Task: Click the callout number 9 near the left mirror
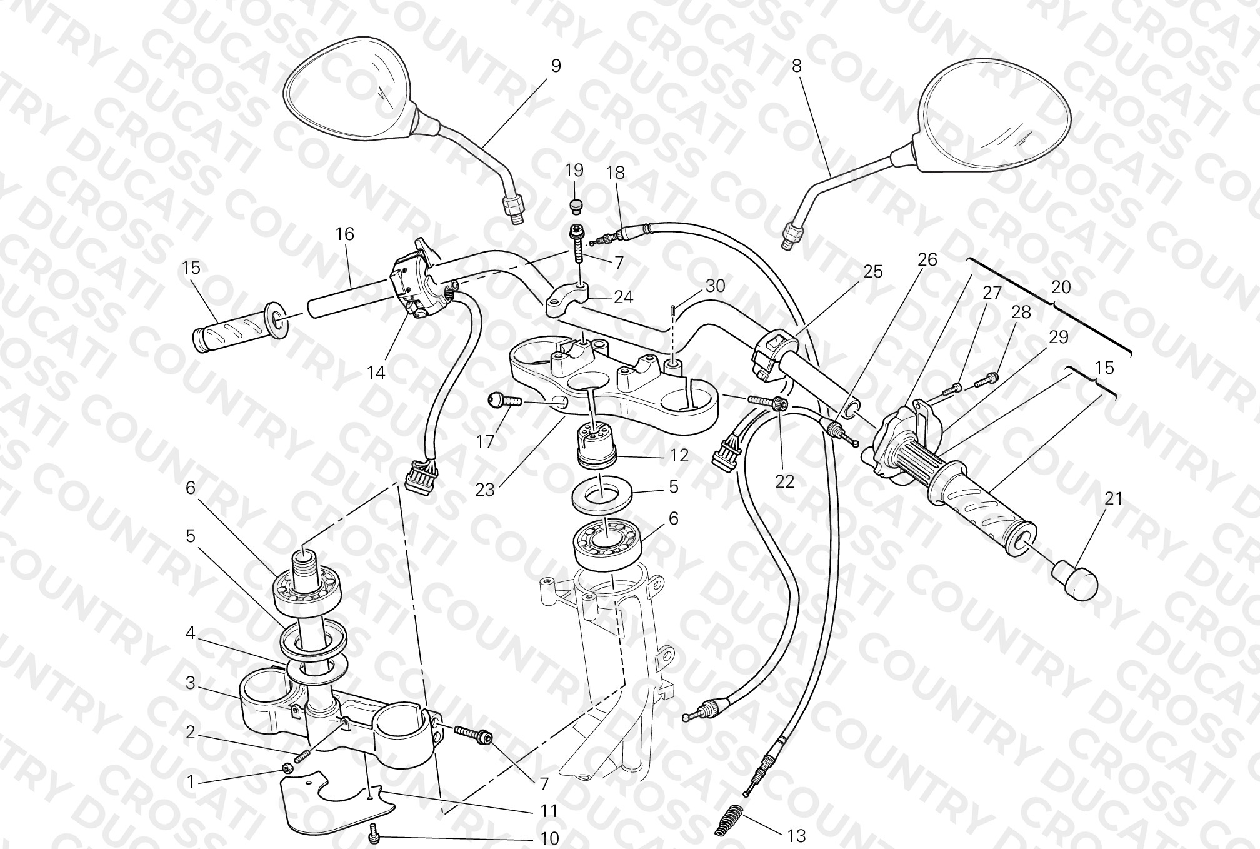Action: [x=556, y=66]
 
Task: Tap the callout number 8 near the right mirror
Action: [x=796, y=66]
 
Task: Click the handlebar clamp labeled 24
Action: [x=569, y=300]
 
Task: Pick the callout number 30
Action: [x=716, y=286]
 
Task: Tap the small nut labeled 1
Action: [x=287, y=768]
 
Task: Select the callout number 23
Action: [x=485, y=490]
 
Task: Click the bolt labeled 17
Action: [x=505, y=400]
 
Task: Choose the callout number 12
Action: [x=679, y=455]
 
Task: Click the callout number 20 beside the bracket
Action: [x=1061, y=287]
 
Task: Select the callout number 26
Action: [x=927, y=259]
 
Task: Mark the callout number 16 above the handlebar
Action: [x=344, y=234]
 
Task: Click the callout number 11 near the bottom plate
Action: [x=549, y=811]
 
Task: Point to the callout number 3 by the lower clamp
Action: [x=191, y=683]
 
